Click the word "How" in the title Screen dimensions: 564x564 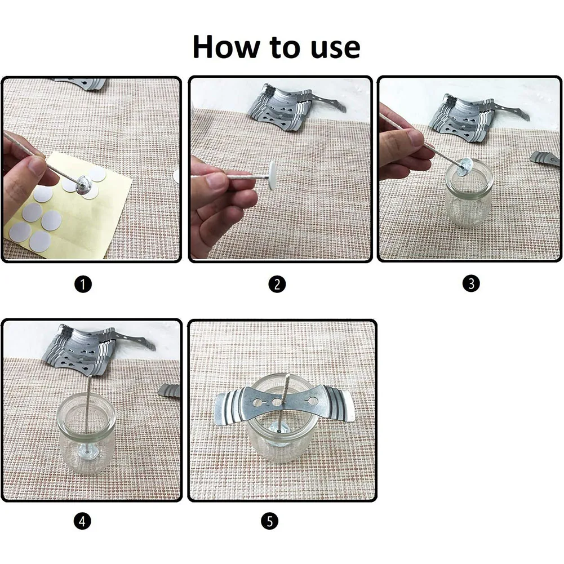click(227, 47)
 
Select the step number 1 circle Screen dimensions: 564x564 click(83, 285)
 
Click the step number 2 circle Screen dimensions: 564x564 click(277, 284)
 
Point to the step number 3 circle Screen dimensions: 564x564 click(471, 283)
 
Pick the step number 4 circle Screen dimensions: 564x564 click(82, 521)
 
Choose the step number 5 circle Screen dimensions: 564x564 click(270, 521)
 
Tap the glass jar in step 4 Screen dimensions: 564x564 click(86, 434)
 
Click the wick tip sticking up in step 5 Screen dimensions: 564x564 click(287, 376)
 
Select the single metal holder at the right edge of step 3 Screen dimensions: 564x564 click(546, 159)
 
